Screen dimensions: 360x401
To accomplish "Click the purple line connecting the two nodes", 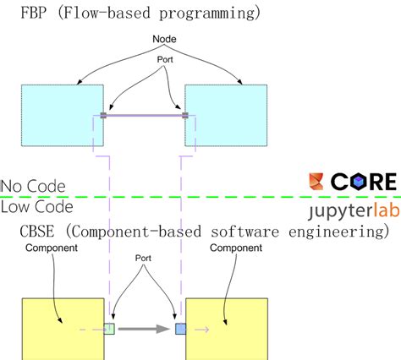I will point(144,116).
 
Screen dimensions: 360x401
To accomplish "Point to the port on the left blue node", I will point(103,116).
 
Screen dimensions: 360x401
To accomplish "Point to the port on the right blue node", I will point(185,116).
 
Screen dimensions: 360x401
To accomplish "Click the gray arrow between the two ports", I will point(143,328).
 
